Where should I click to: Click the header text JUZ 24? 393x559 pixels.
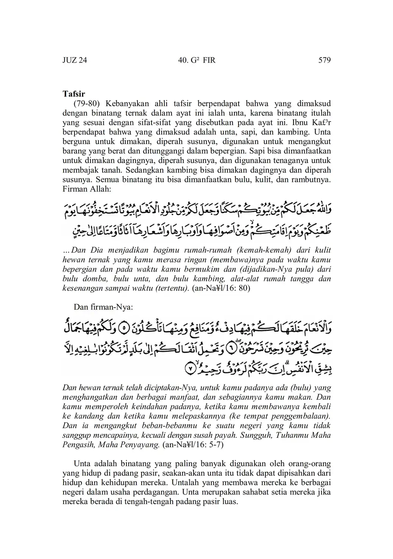pos(75,60)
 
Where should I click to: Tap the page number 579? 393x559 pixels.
pos(324,60)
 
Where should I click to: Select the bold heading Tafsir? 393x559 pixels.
pos(74,94)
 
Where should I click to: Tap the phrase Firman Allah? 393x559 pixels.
pos(86,189)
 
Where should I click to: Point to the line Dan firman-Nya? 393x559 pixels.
pos(103,307)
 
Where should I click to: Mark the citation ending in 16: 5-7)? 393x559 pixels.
pos(193,445)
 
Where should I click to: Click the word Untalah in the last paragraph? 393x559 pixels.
pos(184,482)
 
